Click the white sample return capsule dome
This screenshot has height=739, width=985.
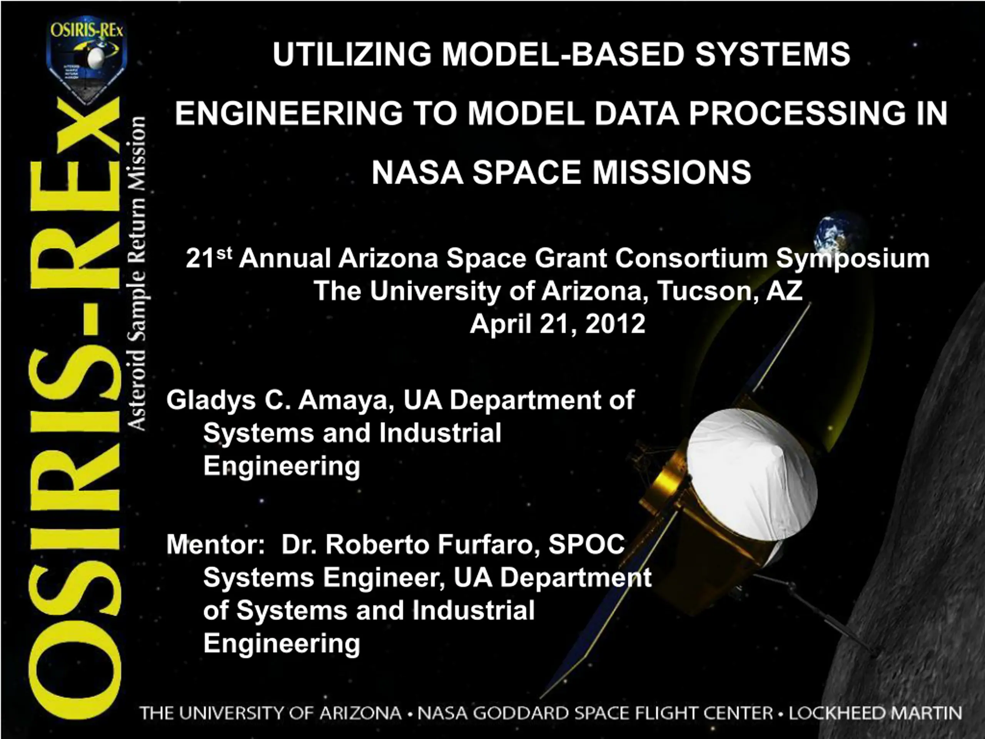point(752,479)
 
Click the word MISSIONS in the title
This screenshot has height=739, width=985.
point(671,172)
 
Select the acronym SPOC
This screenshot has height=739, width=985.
point(586,544)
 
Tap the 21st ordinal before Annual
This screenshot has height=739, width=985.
point(209,258)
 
